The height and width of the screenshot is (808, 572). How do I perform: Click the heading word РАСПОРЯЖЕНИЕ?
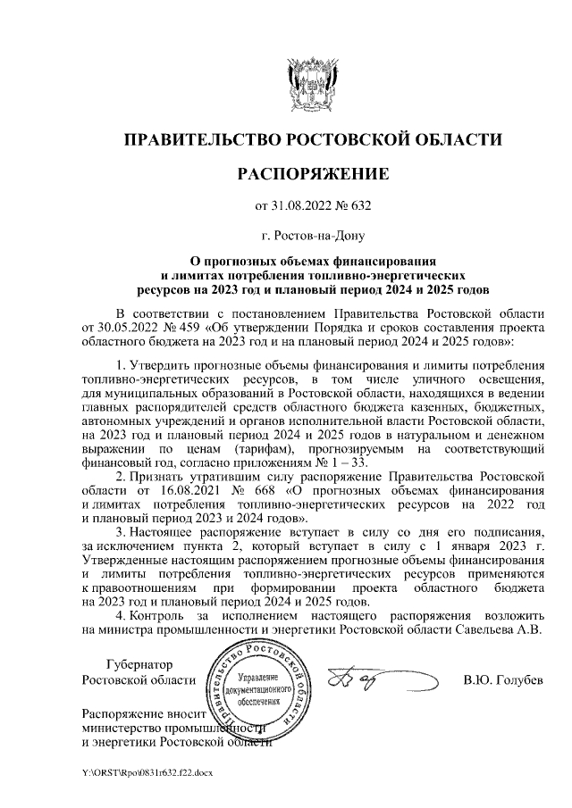(312, 172)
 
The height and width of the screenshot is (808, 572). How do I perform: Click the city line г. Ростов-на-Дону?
(312, 237)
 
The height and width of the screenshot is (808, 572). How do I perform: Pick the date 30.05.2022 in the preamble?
(125, 328)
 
